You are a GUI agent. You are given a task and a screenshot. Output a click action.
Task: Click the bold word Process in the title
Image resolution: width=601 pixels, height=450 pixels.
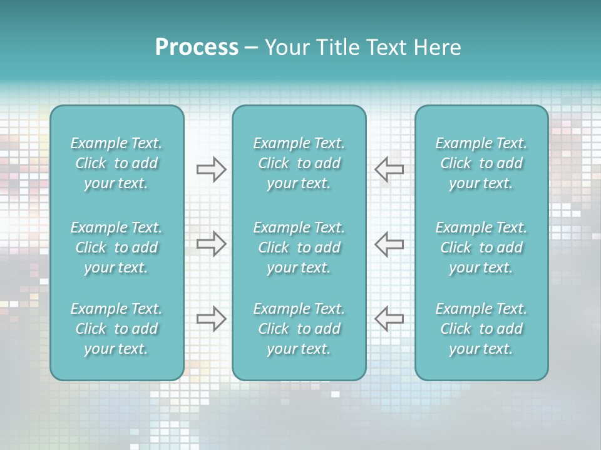coord(197,47)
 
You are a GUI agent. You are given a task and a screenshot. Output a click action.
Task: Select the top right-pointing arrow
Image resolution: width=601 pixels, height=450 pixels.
coord(211,169)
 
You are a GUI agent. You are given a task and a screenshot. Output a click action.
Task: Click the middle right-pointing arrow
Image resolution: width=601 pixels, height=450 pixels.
coord(211,244)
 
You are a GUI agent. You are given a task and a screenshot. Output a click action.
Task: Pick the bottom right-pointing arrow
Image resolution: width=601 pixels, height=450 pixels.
coord(211,319)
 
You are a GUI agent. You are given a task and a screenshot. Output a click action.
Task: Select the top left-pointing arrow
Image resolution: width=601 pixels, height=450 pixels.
coord(389,169)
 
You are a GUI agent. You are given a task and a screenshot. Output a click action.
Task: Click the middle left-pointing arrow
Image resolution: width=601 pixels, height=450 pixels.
coord(389,244)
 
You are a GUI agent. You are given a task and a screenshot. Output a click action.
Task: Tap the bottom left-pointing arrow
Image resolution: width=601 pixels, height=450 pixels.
coord(389,319)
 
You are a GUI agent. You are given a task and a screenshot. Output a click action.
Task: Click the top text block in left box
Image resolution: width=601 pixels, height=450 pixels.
coord(116,163)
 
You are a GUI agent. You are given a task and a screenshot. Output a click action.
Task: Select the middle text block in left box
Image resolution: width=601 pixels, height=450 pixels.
coord(116,247)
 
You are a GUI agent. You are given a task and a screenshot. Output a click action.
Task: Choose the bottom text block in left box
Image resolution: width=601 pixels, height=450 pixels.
coord(116,329)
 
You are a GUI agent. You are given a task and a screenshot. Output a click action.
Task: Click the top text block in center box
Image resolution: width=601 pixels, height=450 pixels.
coord(299,163)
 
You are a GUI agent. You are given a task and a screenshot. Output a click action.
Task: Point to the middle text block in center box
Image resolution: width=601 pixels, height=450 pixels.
coord(299,247)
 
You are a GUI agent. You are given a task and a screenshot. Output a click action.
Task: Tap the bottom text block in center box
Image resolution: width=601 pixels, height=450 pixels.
coord(299,329)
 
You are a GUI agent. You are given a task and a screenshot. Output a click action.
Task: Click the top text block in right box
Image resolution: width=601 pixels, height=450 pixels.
coord(481,163)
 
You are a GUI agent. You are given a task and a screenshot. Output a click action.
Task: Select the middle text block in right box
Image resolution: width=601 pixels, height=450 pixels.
coord(481,247)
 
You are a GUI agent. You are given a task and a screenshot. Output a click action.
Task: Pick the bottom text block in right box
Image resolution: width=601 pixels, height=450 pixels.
coord(481,329)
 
